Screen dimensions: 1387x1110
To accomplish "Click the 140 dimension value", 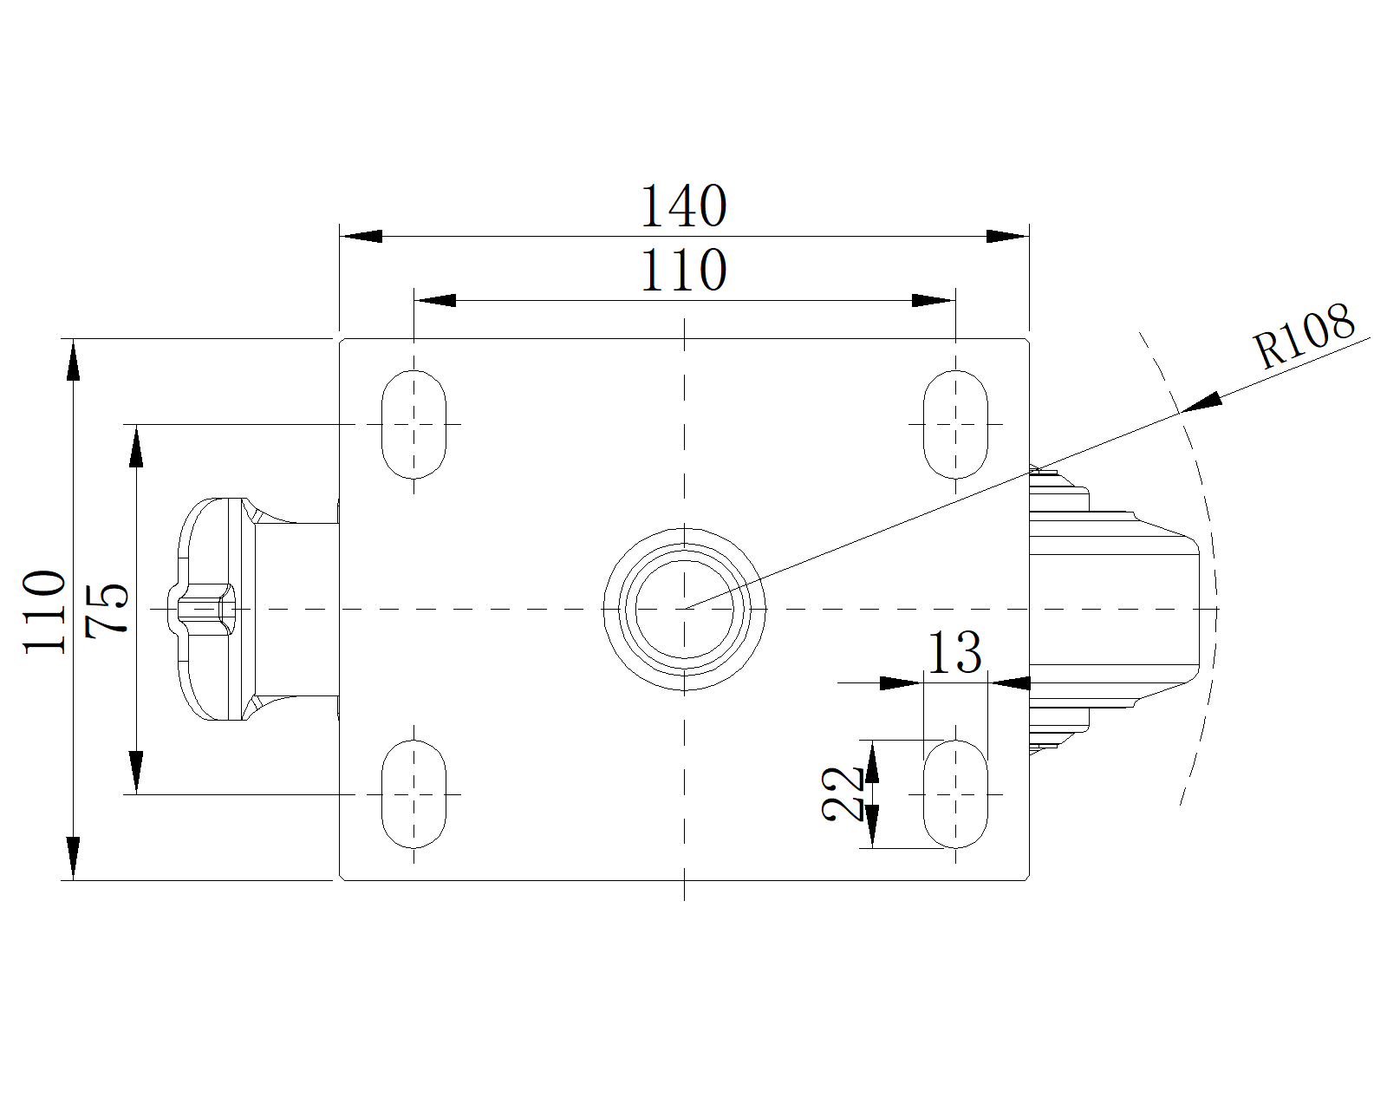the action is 684,206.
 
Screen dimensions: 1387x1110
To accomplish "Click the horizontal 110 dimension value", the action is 684,271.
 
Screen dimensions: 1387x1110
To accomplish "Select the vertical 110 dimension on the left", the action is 44,612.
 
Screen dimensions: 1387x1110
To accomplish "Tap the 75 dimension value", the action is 107,610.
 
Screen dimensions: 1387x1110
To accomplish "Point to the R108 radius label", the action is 1304,336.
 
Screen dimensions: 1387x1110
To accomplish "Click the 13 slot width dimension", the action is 954,652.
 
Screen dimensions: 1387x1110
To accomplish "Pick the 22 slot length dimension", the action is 843,794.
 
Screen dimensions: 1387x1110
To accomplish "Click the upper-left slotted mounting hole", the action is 413,424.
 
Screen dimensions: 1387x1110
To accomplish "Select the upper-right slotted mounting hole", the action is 955,424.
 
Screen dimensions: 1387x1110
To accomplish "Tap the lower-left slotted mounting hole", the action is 413,794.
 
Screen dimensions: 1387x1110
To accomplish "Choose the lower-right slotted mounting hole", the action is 955,794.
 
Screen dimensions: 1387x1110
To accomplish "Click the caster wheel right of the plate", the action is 1114,610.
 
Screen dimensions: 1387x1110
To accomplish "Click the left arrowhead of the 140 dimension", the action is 361,236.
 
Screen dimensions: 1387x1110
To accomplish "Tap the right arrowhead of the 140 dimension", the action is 1007,236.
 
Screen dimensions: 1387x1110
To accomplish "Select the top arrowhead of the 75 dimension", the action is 136,446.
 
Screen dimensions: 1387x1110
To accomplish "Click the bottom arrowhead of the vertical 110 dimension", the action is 74,859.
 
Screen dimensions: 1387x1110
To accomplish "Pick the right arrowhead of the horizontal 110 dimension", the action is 934,301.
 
